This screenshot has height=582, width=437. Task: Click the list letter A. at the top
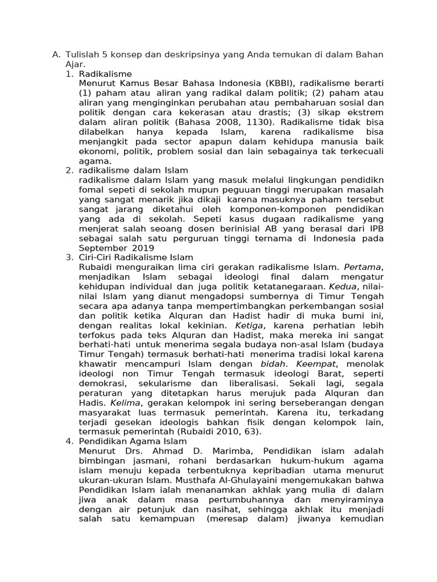tap(56, 55)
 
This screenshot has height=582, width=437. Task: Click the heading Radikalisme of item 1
tap(105, 74)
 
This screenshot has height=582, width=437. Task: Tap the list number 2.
tap(69, 171)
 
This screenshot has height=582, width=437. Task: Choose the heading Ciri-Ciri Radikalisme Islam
tap(136, 257)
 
